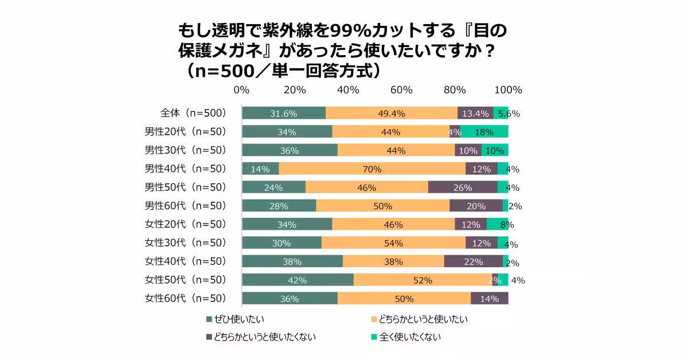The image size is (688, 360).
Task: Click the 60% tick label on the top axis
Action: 401,90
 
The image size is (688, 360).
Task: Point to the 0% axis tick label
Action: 241,90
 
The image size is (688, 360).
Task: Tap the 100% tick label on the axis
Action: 508,90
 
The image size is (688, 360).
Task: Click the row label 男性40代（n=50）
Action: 186,169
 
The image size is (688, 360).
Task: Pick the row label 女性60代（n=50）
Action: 186,298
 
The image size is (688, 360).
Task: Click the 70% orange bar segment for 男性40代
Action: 372,169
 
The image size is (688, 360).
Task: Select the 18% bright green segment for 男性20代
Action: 484,132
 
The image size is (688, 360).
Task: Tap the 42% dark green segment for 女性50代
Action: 298,280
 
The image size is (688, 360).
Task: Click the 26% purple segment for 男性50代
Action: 463,187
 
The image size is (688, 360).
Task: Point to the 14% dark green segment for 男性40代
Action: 260,169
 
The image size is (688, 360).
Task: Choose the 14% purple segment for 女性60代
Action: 489,298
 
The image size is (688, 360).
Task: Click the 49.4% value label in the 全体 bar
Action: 392,114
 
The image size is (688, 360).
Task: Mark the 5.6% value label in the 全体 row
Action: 509,114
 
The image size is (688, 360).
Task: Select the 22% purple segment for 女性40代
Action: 473,261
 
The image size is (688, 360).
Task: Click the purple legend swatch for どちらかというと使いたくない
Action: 209,337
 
